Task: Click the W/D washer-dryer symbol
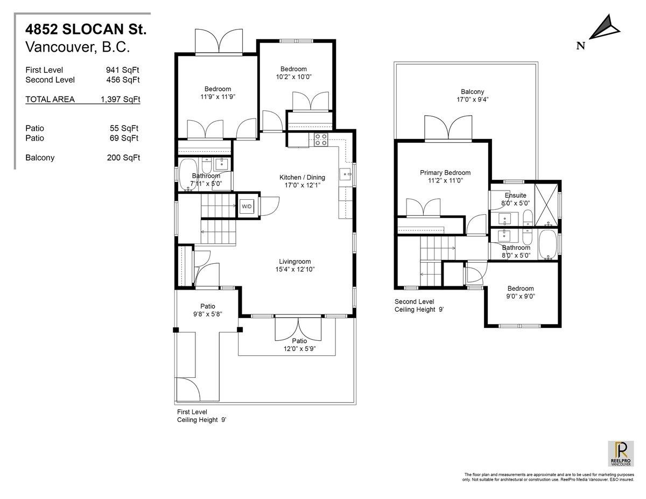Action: [247, 206]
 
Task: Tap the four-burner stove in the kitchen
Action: [321, 139]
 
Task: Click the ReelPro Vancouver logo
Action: [621, 454]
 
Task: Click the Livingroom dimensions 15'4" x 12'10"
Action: [293, 269]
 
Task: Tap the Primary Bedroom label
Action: [445, 173]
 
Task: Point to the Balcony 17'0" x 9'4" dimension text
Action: [472, 100]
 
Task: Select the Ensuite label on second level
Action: [515, 195]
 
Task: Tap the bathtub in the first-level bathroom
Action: [189, 172]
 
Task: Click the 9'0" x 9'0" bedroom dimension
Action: [521, 296]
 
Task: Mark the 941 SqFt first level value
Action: [123, 70]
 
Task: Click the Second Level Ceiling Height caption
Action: [419, 306]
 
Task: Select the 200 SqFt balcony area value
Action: [123, 158]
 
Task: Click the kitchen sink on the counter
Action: [345, 174]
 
